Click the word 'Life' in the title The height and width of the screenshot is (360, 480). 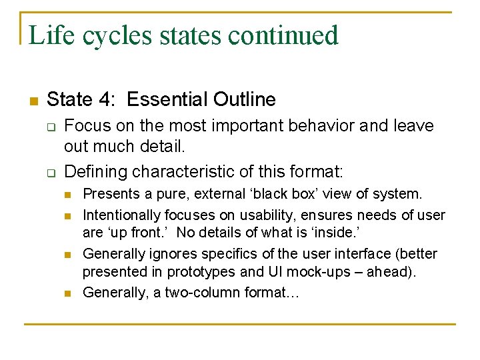pos(52,35)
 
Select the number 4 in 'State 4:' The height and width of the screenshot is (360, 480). pos(107,100)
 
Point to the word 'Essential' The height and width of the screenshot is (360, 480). pos(165,100)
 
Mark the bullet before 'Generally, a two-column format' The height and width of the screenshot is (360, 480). pos(67,293)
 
